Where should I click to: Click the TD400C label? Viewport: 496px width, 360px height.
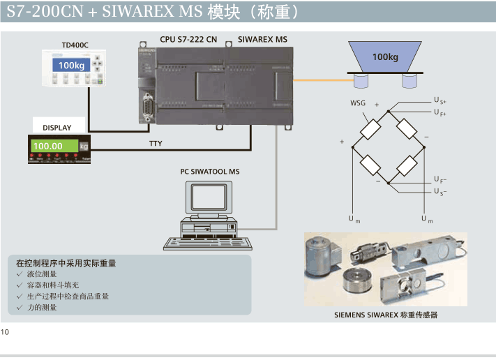tap(75, 45)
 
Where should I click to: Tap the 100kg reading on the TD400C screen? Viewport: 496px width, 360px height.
tap(71, 66)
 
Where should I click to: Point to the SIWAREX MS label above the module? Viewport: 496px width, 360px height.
tap(262, 39)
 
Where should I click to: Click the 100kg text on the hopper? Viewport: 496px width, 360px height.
tap(385, 57)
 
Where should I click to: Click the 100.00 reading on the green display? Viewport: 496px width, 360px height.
tap(48, 146)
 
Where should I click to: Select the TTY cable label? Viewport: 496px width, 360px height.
tap(156, 143)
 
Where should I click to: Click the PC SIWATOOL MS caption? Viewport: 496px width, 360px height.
tap(210, 172)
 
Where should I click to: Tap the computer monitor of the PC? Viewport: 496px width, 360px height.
tap(209, 196)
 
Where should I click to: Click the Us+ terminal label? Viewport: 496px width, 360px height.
tap(439, 101)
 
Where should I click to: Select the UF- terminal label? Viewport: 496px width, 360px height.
tap(439, 180)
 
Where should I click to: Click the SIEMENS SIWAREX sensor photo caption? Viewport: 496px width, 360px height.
tap(385, 315)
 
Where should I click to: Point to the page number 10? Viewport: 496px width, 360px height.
tap(6, 331)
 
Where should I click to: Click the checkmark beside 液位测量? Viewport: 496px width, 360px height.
tap(20, 274)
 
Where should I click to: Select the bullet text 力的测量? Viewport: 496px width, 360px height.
tap(42, 307)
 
